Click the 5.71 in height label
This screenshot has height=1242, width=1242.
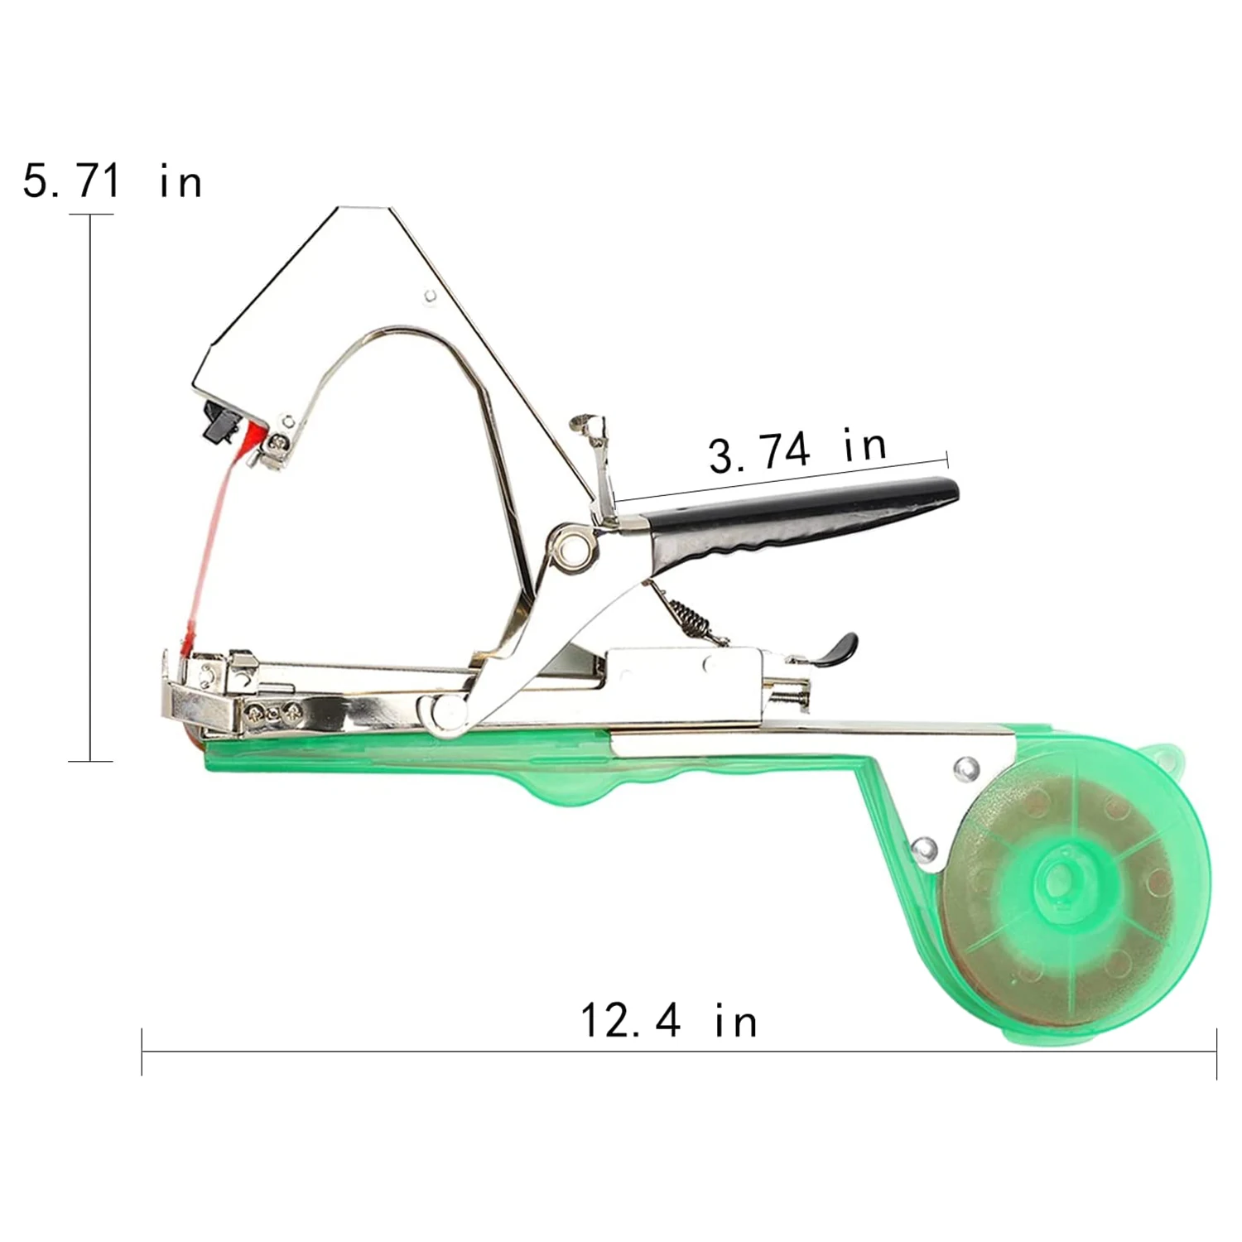coord(113,181)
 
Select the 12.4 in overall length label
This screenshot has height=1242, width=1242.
coord(669,1020)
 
